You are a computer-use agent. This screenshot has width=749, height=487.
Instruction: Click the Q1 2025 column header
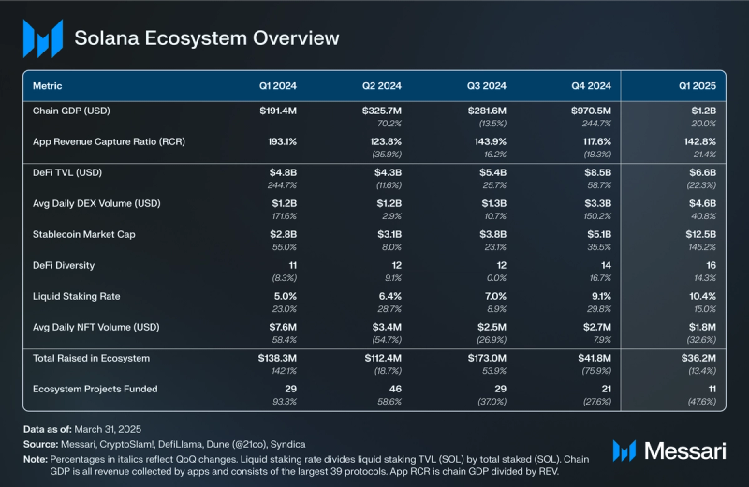pos(698,86)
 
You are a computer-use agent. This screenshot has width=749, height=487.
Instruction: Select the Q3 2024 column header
pos(487,86)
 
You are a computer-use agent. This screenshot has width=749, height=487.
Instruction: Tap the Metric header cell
pos(48,86)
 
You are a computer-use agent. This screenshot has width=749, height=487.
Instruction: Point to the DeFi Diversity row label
pos(64,265)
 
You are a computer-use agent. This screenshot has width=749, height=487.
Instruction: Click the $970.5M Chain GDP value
pos(590,111)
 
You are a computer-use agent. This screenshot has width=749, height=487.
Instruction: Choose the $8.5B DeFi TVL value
pos(596,173)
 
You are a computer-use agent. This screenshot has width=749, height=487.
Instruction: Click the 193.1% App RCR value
pos(278,142)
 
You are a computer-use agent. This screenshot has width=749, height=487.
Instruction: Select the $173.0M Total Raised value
pos(485,358)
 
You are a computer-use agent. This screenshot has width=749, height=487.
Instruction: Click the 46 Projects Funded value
pos(395,389)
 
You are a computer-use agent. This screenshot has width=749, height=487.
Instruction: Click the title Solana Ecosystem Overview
pos(207,38)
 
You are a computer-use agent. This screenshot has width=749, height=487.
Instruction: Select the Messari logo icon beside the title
pos(43,38)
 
